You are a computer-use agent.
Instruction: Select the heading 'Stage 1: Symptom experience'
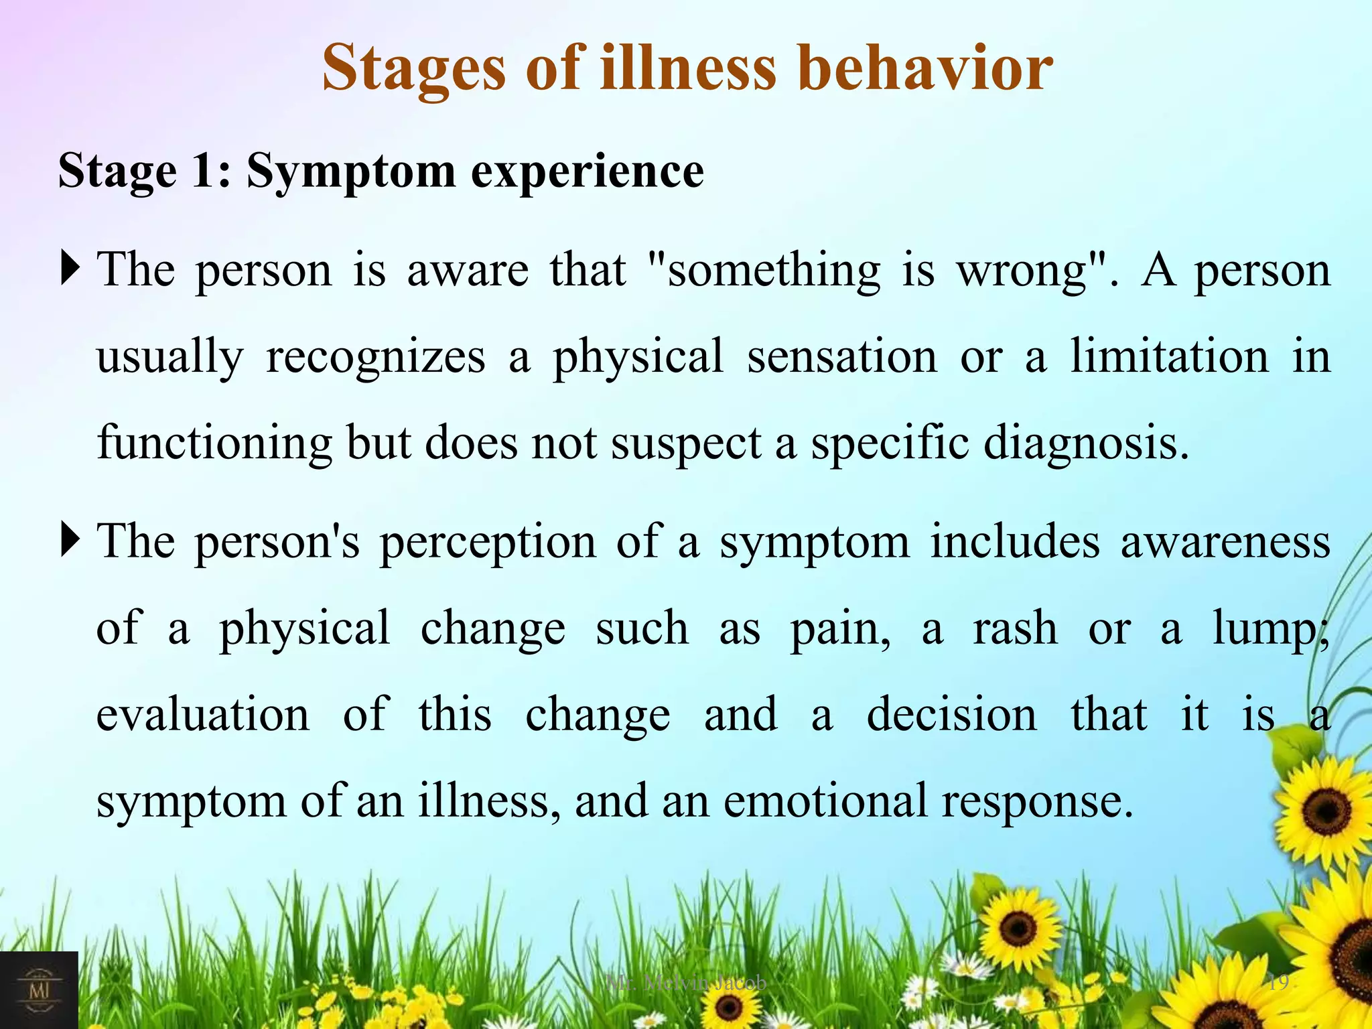381,171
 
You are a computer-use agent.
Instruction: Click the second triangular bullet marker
70,539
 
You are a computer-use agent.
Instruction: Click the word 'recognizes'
375,357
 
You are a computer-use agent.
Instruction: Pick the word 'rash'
1015,628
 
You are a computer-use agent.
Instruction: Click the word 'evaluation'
203,714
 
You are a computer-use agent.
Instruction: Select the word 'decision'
951,714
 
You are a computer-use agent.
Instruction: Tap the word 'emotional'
825,801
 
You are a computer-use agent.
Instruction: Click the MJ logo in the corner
38,989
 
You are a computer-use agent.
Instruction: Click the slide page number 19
1278,983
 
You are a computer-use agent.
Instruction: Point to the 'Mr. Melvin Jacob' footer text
686,983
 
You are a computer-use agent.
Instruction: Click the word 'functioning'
214,443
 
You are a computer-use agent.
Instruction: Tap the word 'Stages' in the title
413,68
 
